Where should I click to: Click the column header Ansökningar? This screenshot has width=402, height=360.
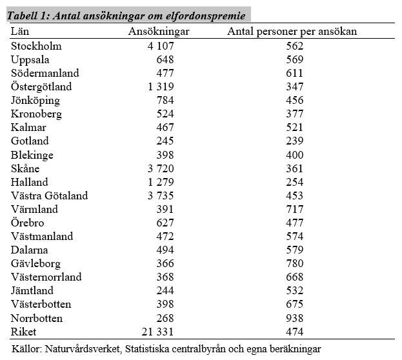click(x=159, y=32)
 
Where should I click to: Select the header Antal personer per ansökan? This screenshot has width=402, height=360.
click(x=292, y=32)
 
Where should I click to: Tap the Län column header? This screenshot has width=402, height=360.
click(x=20, y=31)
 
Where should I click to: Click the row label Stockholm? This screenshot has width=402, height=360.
click(x=36, y=46)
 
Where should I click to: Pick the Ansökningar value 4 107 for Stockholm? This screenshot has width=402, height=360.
click(x=161, y=46)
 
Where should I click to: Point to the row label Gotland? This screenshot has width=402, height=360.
click(x=30, y=141)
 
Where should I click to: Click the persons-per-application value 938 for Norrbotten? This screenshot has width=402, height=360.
click(x=295, y=318)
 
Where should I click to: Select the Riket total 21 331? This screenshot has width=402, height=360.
click(x=157, y=332)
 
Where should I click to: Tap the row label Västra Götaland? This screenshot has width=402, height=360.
click(x=49, y=195)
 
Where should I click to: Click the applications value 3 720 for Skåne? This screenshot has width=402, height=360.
click(x=161, y=168)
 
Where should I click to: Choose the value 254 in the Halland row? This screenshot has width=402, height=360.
click(x=295, y=182)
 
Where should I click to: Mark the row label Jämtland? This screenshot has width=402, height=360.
click(x=32, y=290)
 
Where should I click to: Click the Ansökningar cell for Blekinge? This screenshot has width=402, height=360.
click(x=165, y=155)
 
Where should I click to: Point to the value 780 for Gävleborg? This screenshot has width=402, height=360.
click(x=295, y=263)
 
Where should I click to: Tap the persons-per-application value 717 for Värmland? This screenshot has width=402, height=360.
click(x=295, y=209)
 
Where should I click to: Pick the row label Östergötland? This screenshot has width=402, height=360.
click(x=41, y=86)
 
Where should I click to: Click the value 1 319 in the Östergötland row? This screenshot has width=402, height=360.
click(x=161, y=86)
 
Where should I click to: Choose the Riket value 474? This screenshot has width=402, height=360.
click(x=295, y=332)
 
